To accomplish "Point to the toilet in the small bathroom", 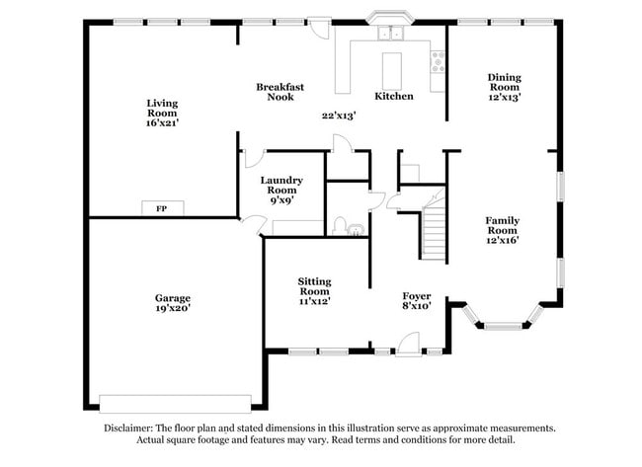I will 340,227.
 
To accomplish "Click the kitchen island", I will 393,68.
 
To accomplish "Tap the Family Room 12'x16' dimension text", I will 502,239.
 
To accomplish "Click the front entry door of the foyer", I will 405,345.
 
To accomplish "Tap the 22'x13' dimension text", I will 338,116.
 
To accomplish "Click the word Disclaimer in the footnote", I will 126,428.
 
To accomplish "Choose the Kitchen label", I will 393,96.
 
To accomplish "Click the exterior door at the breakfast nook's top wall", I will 318,29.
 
